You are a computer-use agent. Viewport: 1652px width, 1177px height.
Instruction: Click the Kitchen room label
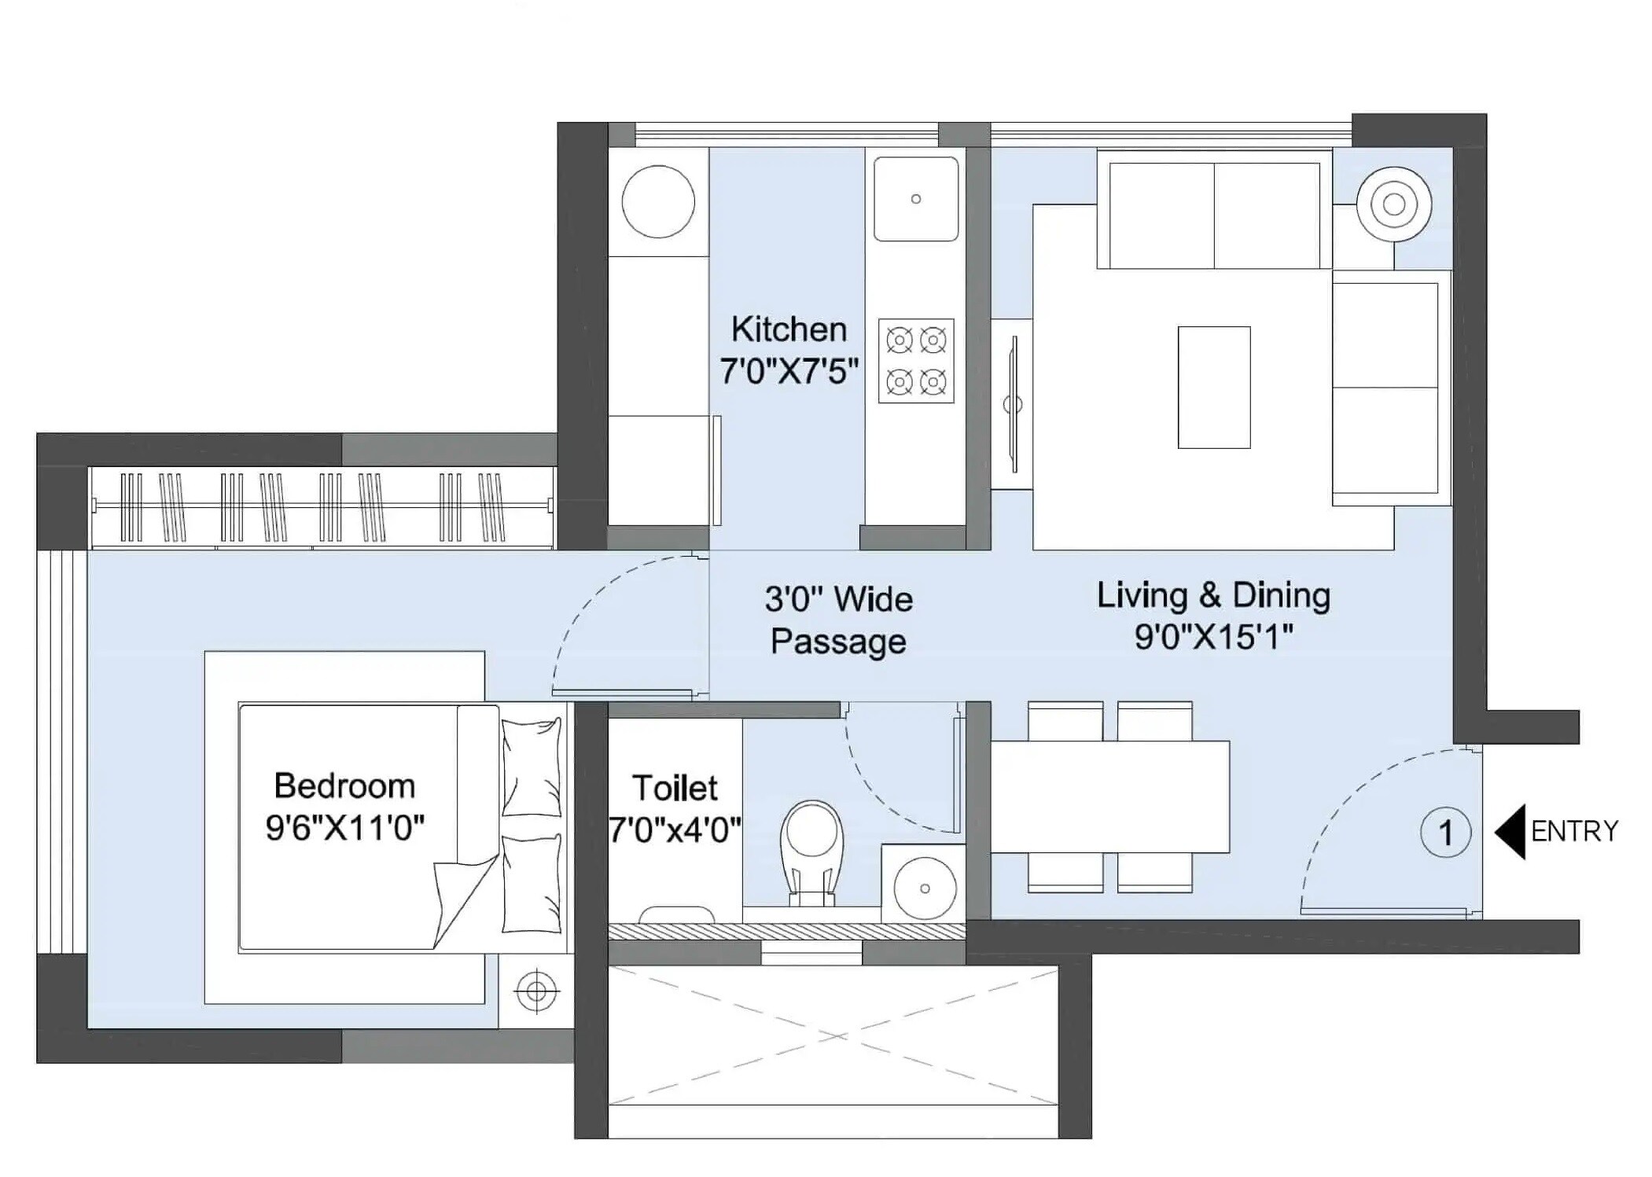(x=788, y=329)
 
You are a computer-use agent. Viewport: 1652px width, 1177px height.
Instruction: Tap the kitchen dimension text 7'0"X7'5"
(x=788, y=370)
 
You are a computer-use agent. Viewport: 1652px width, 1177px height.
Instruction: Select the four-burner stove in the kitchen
(x=915, y=361)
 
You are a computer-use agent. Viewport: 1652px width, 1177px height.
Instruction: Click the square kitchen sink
(x=915, y=199)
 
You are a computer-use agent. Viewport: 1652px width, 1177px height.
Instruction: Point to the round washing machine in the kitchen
(x=657, y=201)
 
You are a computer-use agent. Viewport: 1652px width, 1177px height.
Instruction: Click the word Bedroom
(x=344, y=785)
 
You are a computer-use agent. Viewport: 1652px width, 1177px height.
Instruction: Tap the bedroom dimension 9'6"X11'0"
(x=344, y=827)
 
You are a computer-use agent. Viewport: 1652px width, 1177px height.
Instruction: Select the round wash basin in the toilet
(x=924, y=888)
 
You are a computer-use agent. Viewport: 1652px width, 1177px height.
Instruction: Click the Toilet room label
(x=675, y=788)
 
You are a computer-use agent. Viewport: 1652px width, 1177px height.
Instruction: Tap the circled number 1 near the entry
(x=1445, y=832)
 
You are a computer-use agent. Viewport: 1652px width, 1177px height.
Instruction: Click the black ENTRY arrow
(x=1510, y=831)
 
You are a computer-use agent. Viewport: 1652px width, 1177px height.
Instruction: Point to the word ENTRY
(x=1574, y=831)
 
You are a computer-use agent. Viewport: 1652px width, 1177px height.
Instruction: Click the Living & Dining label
(x=1213, y=595)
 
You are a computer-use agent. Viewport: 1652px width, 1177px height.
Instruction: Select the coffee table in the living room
(x=1213, y=387)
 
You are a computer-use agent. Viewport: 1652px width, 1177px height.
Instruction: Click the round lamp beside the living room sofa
(x=1393, y=204)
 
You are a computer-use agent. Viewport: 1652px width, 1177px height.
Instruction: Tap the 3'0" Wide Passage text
(x=838, y=620)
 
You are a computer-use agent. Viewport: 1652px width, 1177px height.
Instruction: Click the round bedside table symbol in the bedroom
(x=536, y=991)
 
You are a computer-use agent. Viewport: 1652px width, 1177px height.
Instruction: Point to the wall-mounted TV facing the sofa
(x=1014, y=404)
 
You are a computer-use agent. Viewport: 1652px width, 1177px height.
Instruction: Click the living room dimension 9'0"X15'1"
(x=1213, y=637)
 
